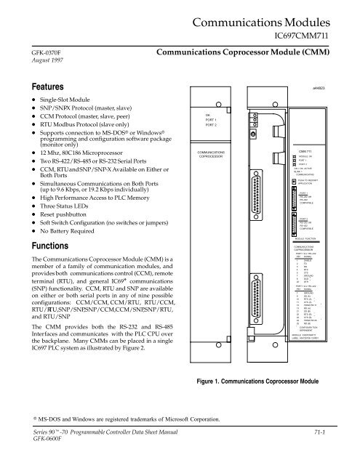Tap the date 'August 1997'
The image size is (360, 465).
pyautogui.click(x=24, y=64)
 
